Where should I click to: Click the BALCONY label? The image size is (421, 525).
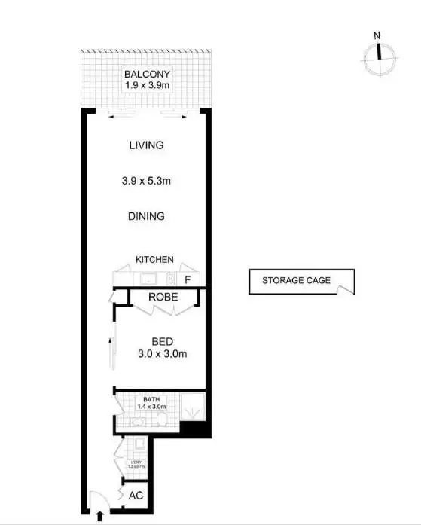click(x=147, y=74)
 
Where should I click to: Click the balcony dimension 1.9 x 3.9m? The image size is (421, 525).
click(x=147, y=85)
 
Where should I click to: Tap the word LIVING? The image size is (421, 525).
click(x=146, y=145)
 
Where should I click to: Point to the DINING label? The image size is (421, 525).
click(x=146, y=216)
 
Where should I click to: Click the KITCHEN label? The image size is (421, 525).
click(x=154, y=260)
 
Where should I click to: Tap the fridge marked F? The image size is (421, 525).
click(x=188, y=279)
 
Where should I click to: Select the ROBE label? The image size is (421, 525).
click(x=162, y=297)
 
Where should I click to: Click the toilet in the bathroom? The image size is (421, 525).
click(x=163, y=423)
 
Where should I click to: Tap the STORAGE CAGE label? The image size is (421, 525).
click(x=295, y=281)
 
